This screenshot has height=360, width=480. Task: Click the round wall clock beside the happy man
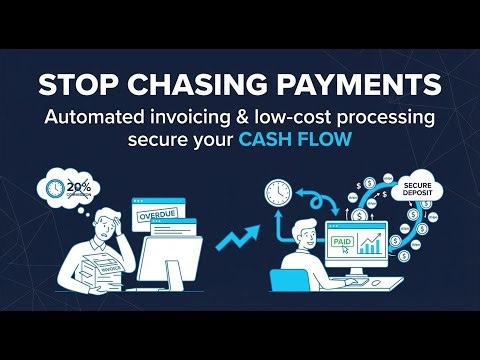tap(276, 193)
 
